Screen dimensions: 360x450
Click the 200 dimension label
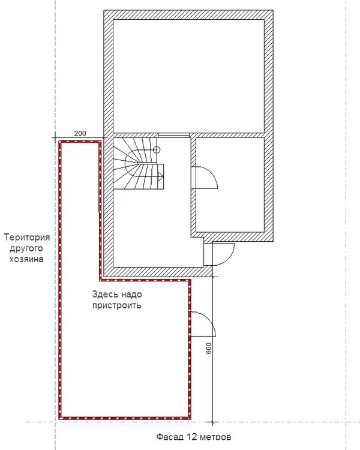pos(80,133)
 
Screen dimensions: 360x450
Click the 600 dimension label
pos(209,348)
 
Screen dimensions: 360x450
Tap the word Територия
pos(26,238)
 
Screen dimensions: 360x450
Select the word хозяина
pos(26,259)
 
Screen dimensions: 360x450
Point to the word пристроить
pos(117,305)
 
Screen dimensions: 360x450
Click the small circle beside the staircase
pos(157,149)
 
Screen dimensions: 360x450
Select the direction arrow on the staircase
pos(160,176)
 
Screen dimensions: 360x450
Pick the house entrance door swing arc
pos(227,257)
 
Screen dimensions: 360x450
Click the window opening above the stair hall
pos(173,135)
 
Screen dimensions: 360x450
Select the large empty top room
pos(188,76)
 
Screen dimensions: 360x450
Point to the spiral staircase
pos(139,164)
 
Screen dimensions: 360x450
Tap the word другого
pos(26,249)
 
